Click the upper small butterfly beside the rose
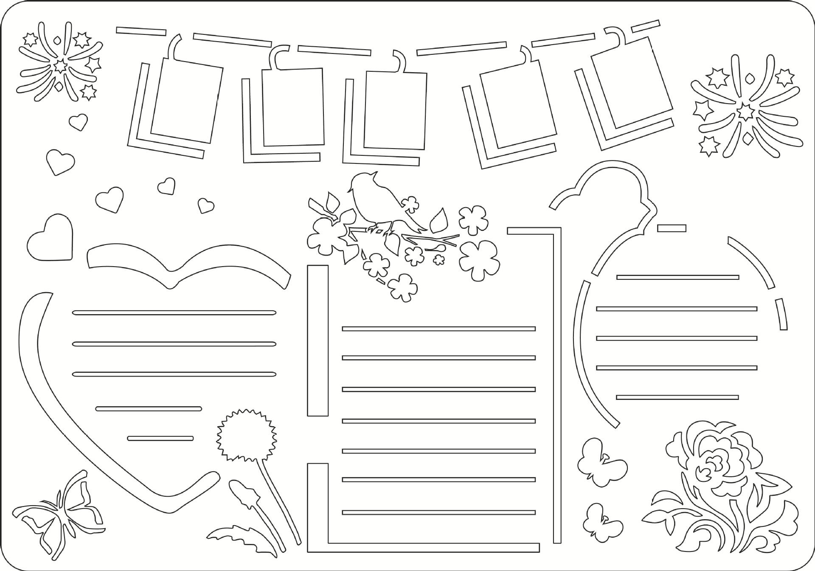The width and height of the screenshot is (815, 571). pyautogui.click(x=601, y=463)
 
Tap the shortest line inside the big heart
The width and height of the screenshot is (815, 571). pyautogui.click(x=160, y=438)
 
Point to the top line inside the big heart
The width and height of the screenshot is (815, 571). pyautogui.click(x=174, y=313)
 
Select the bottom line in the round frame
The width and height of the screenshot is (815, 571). pyautogui.click(x=677, y=397)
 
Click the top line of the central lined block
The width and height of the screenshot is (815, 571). pyautogui.click(x=438, y=329)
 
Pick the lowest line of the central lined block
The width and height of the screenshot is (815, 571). pyautogui.click(x=438, y=512)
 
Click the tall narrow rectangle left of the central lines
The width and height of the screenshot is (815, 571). pyautogui.click(x=318, y=340)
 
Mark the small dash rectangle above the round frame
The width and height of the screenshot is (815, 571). pyautogui.click(x=672, y=228)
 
